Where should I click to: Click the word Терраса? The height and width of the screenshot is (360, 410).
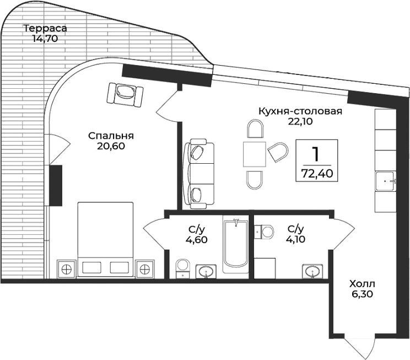[45, 29]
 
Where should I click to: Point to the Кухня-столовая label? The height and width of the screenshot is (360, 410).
[300, 111]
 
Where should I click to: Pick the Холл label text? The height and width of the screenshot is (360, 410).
[362, 284]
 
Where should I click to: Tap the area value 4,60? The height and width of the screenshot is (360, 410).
[196, 239]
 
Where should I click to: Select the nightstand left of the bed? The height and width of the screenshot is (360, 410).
[67, 269]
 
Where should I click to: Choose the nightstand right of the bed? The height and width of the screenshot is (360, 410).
[145, 269]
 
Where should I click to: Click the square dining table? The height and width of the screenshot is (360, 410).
[255, 153]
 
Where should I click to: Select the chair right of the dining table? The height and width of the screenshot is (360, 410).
[278, 152]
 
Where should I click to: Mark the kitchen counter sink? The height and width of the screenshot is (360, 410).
[385, 180]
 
